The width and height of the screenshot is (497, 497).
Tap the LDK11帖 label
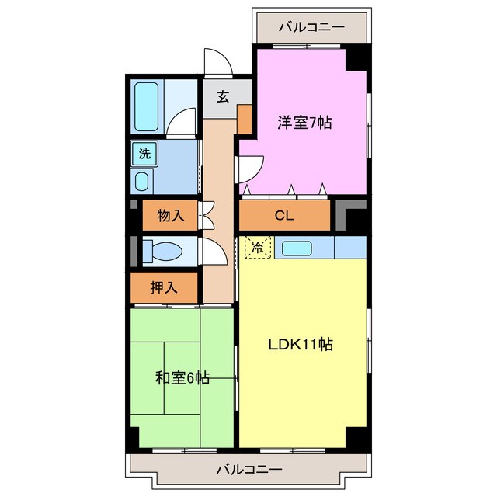[x=301, y=345]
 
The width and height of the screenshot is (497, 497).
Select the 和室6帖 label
[x=182, y=378]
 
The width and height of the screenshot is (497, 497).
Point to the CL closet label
[x=284, y=216]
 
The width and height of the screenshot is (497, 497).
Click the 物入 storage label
[x=170, y=216]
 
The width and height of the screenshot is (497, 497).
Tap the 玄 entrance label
[x=223, y=97]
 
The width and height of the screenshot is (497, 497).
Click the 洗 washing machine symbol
[x=145, y=154]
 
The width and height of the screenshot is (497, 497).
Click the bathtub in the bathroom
[x=146, y=106]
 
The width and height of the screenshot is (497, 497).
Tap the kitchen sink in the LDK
[x=296, y=248]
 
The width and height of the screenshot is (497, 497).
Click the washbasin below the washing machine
[x=143, y=182]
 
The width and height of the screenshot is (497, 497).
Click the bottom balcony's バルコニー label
[x=248, y=469]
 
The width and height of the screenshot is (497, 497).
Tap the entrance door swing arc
[x=215, y=62]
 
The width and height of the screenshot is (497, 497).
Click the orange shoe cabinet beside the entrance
[x=244, y=117]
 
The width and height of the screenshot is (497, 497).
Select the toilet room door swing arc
[x=210, y=251]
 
